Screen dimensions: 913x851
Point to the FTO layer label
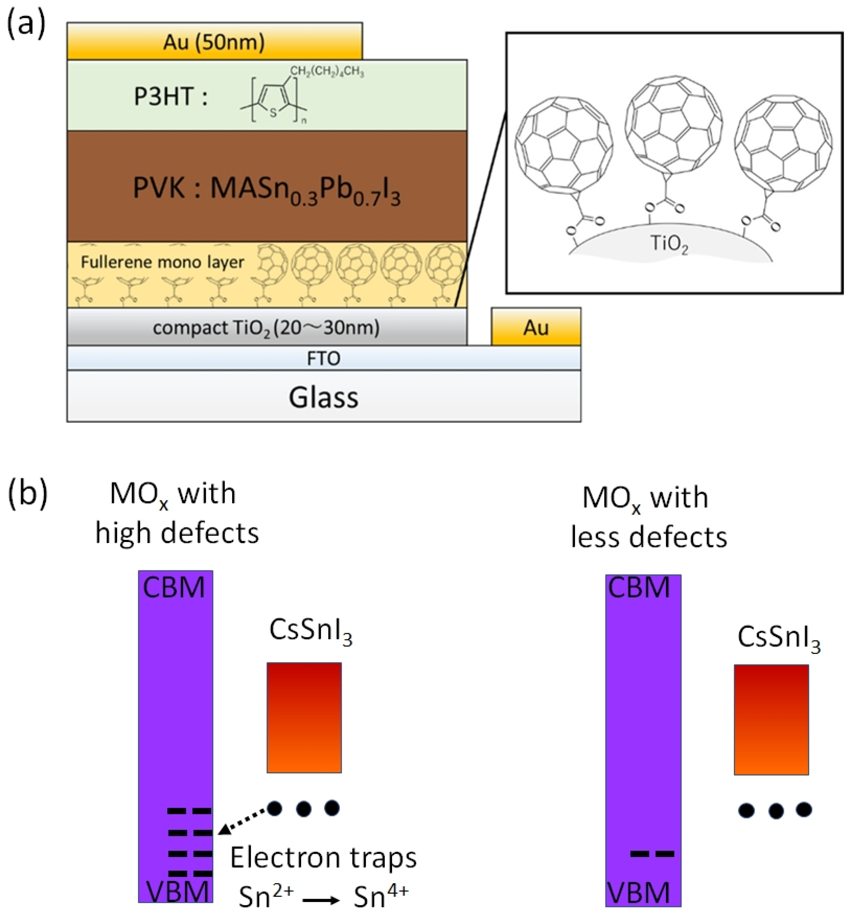point(324,358)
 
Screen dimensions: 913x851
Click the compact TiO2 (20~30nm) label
point(266,328)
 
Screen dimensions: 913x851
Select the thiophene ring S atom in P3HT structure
point(274,113)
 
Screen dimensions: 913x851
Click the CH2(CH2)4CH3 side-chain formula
point(327,72)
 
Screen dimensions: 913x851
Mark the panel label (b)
point(28,495)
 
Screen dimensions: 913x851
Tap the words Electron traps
point(323,858)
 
